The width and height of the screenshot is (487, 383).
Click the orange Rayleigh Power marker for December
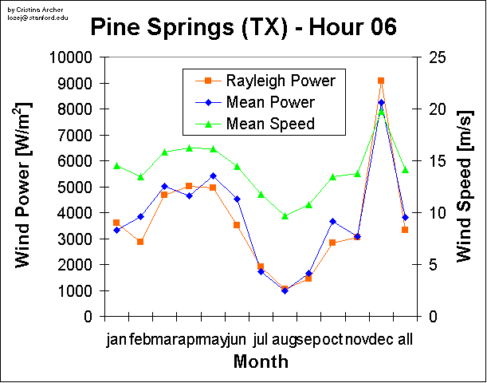point(381,81)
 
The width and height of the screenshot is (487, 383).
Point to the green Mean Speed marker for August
point(285,216)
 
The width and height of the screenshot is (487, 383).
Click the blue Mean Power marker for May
point(213,176)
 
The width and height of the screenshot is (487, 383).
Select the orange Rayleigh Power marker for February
point(140,241)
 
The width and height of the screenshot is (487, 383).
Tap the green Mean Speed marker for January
point(116,166)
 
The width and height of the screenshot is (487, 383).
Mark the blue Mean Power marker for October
point(333,221)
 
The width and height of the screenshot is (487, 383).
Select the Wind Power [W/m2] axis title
point(24,186)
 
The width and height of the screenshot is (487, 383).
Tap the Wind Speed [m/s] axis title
point(464,186)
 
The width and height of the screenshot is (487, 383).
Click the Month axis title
point(261,362)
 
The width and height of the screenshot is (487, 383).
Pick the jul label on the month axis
point(261,341)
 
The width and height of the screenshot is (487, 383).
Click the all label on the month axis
point(405,341)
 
